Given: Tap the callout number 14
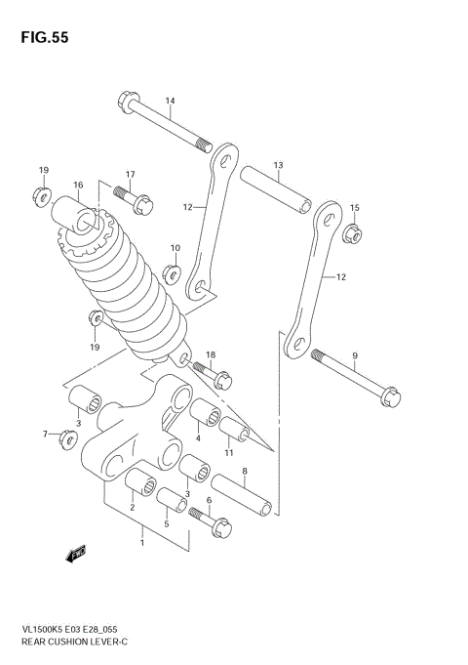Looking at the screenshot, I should [x=170, y=101].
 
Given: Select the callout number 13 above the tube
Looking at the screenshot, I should [x=278, y=165].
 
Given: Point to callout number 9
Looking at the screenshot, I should [x=355, y=354].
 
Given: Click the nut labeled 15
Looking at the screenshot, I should [x=355, y=233].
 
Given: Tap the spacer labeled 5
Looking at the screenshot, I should [x=173, y=500].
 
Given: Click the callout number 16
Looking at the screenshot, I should [x=78, y=185].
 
